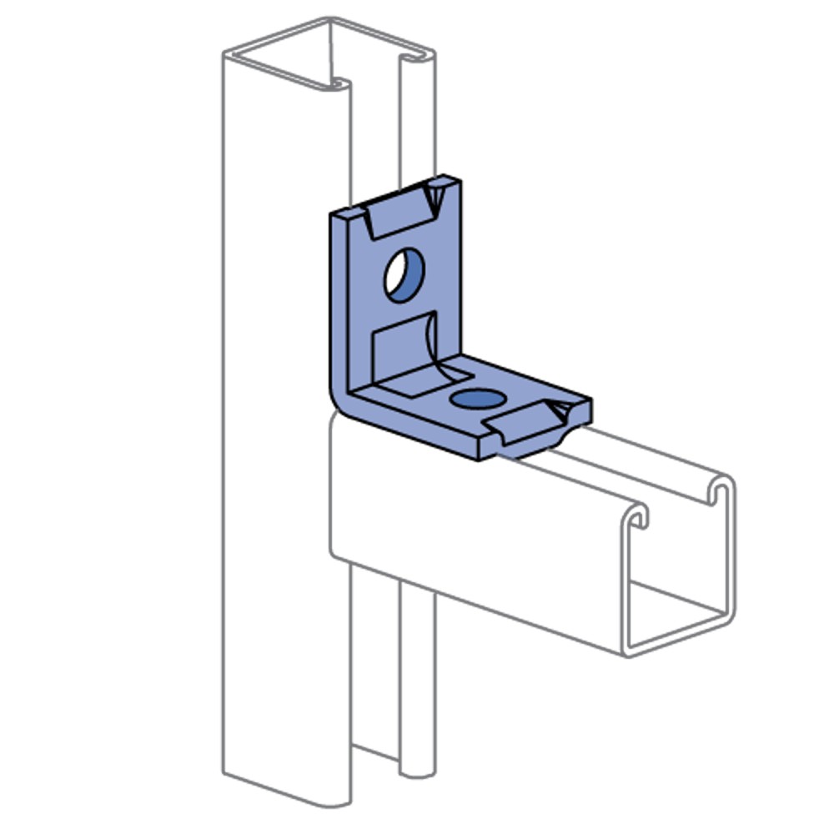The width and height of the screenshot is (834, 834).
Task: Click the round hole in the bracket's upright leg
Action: pyautogui.click(x=404, y=274)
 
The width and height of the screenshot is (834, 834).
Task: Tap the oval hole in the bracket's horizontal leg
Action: pyautogui.click(x=477, y=399)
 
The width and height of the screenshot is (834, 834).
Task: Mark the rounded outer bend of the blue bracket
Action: pyautogui.click(x=338, y=400)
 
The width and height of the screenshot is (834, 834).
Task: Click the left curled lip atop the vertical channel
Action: pyautogui.click(x=339, y=83)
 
